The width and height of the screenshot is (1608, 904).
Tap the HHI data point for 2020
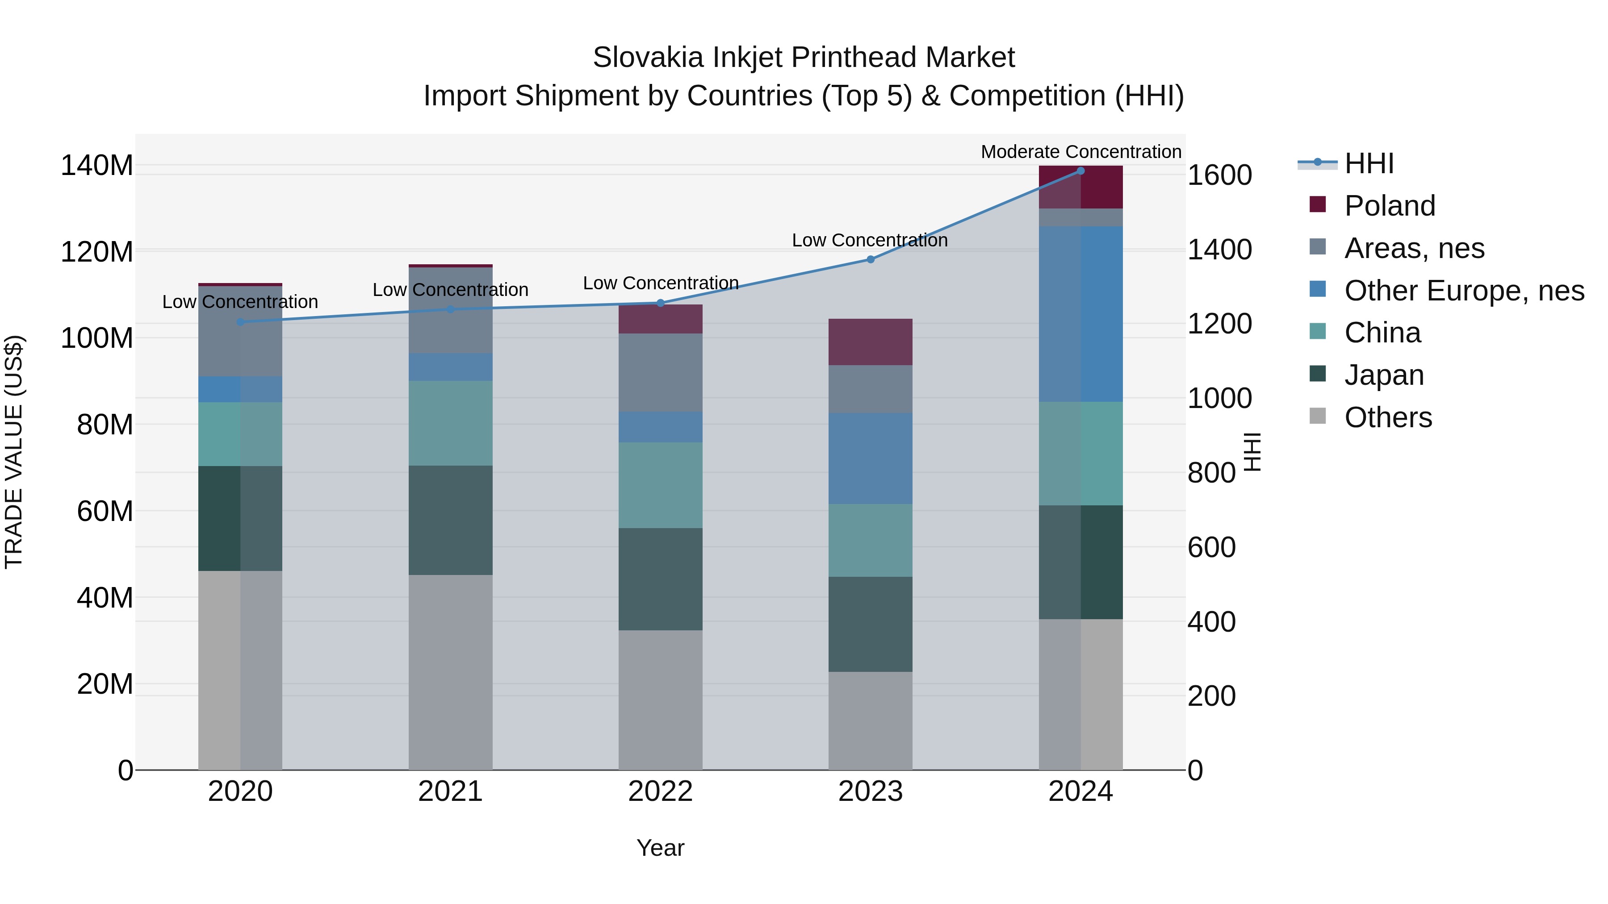tap(240, 322)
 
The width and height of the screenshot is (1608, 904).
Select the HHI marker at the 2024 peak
tap(1080, 171)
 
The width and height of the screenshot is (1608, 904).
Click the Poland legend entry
tap(1390, 206)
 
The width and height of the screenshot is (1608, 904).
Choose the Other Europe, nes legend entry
tap(1464, 291)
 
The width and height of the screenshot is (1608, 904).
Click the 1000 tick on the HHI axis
tap(1219, 399)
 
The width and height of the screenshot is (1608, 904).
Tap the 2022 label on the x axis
tap(661, 792)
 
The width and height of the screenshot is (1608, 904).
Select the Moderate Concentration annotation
tap(1080, 152)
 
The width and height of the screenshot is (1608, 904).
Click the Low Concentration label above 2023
tap(870, 240)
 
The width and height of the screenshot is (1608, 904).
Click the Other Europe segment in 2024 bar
tap(1080, 314)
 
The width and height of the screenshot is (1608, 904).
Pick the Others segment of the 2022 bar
tap(661, 700)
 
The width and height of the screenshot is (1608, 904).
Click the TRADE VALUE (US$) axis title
tap(14, 452)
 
